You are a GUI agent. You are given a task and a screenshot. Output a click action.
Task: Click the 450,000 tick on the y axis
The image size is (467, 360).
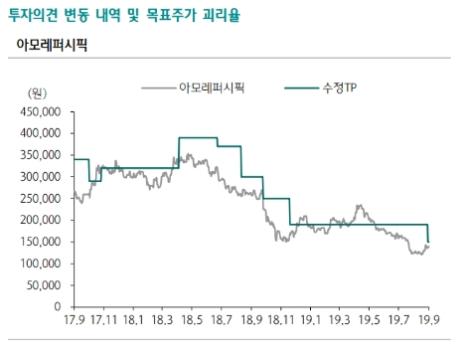click(x=40, y=110)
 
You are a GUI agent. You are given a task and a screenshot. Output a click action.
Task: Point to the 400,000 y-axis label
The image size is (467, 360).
click(x=40, y=132)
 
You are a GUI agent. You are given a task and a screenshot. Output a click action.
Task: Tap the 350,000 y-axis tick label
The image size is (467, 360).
click(x=40, y=154)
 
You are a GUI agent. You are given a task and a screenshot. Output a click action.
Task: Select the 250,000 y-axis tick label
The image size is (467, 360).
click(x=40, y=198)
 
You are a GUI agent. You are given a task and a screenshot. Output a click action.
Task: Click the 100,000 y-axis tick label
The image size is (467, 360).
click(x=40, y=264)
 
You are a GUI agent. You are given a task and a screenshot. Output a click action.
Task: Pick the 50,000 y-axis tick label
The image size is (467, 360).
click(x=43, y=285)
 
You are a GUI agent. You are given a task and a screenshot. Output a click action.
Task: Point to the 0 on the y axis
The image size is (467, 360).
click(x=58, y=307)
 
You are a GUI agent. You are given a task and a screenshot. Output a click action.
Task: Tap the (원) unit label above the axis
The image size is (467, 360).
click(x=37, y=92)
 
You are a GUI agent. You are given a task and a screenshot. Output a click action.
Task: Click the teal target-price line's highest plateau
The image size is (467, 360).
click(x=197, y=137)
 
